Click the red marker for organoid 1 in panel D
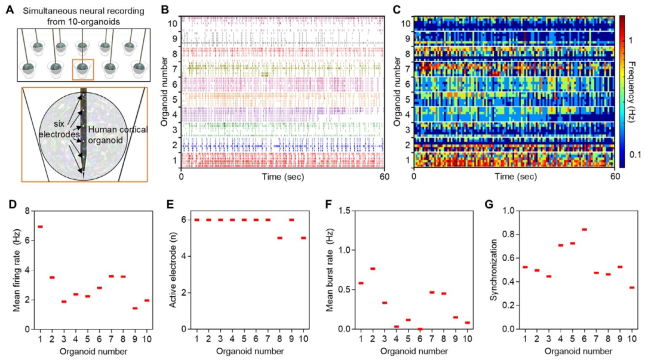40,227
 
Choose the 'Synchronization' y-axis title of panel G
493,269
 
